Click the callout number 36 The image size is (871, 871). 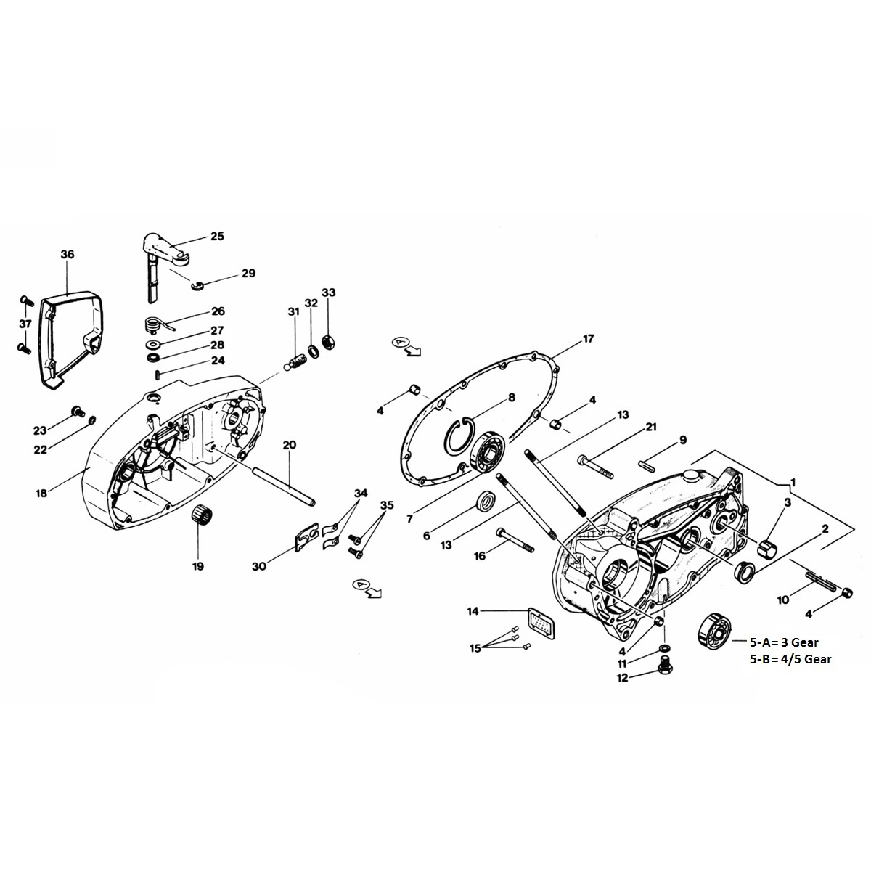[x=67, y=255]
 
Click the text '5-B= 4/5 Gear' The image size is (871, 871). [x=790, y=659]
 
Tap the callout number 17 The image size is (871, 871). [x=588, y=339]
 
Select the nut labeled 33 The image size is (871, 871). [x=327, y=339]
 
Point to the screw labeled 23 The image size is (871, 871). [x=75, y=413]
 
